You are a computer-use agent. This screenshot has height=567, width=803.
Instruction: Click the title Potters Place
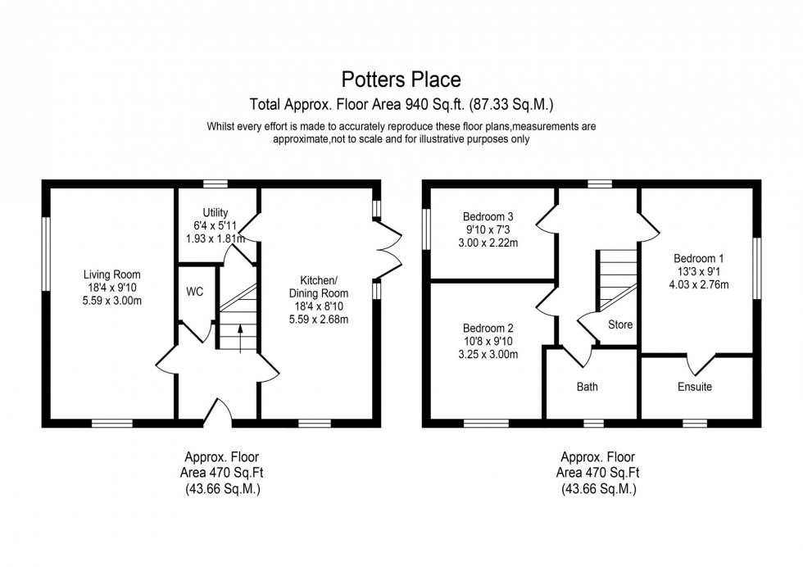(x=401, y=79)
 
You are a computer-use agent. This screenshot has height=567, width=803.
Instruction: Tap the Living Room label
(x=112, y=274)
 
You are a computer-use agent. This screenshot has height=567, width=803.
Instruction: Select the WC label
(x=195, y=292)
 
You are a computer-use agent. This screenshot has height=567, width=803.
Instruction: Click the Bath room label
(x=588, y=386)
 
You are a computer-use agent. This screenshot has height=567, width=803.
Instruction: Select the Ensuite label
(x=695, y=387)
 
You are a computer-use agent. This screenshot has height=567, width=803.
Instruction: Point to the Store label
(x=620, y=324)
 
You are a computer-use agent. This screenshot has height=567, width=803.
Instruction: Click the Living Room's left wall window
(x=47, y=245)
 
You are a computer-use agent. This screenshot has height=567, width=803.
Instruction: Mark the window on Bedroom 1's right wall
(x=757, y=265)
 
